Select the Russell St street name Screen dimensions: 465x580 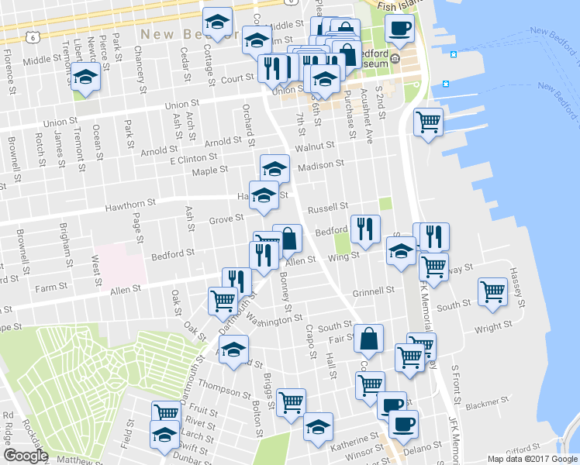[x=327, y=208]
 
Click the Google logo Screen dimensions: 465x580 [x=26, y=456]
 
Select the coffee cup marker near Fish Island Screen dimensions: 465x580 [x=400, y=29]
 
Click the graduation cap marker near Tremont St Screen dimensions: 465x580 [x=85, y=77]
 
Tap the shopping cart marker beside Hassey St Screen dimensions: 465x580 [x=492, y=291]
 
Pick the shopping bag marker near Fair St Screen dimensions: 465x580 [x=368, y=338]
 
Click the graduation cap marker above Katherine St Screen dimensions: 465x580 [x=318, y=426]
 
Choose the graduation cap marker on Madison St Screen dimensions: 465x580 [x=274, y=167]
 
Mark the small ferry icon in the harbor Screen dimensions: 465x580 [x=446, y=84]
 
